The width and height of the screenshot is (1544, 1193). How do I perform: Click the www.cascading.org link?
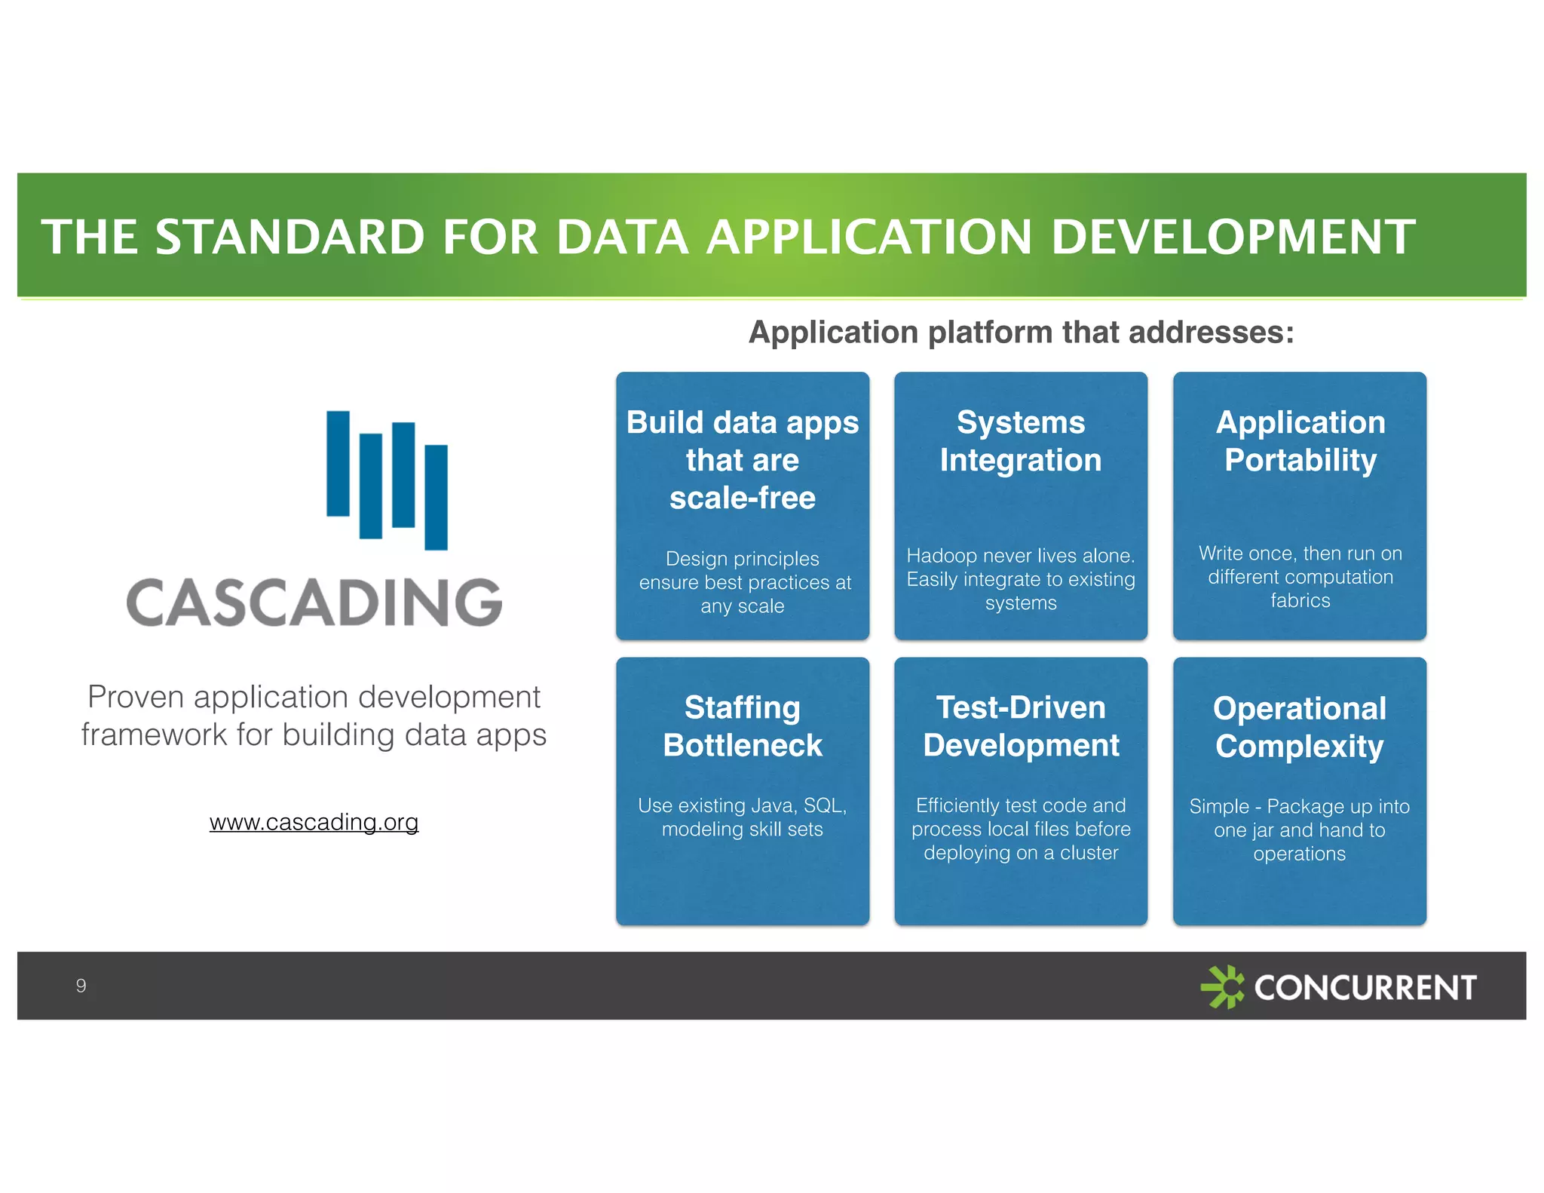(314, 822)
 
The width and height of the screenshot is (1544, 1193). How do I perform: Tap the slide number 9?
(81, 986)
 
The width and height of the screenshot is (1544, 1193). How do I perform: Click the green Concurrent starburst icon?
(1222, 986)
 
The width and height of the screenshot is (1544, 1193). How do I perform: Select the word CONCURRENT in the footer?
(1365, 987)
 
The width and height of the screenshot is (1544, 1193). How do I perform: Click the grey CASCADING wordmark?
(314, 603)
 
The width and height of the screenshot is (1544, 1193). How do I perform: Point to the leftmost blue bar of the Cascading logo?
(338, 463)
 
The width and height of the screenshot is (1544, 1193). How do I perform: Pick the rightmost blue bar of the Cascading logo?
(436, 497)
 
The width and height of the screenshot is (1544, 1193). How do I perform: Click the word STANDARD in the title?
(289, 237)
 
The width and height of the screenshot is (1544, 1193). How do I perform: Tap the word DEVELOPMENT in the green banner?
(1233, 237)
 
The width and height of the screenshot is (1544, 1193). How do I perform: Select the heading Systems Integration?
(1021, 441)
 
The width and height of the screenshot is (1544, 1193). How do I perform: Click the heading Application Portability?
(1300, 441)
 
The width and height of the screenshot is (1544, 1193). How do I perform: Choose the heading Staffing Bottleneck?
(743, 726)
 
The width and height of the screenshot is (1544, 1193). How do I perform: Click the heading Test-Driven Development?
(1021, 726)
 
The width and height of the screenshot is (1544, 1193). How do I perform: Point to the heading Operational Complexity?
(1300, 727)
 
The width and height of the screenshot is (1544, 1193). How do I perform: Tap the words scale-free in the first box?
(743, 498)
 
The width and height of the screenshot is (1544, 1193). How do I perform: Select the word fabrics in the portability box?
(1300, 600)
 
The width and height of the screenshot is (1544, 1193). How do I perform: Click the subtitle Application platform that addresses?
(1021, 333)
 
